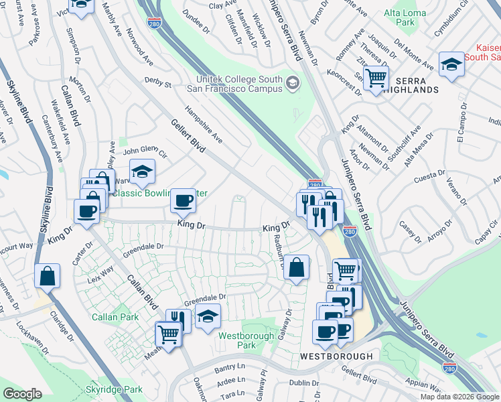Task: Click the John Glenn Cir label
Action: (x=143, y=151)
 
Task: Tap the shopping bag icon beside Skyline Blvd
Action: (x=47, y=275)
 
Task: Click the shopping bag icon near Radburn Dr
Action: (x=296, y=267)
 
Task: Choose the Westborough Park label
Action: (x=246, y=340)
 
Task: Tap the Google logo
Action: (x=22, y=394)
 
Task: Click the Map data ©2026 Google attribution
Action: (x=459, y=397)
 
